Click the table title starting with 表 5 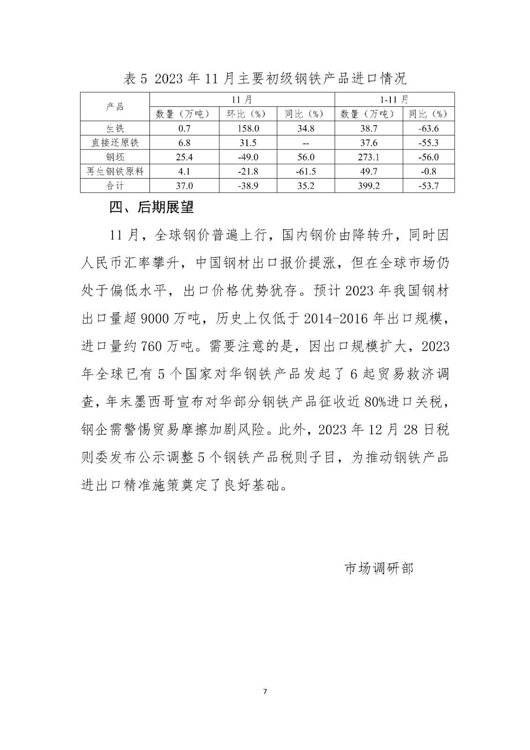[265, 78]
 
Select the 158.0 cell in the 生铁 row [248, 128]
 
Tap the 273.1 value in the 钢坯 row [368, 157]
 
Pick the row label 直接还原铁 [115, 142]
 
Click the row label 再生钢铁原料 [115, 171]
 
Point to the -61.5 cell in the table [306, 171]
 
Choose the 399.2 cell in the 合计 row [368, 186]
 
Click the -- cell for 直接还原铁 [306, 143]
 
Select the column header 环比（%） [248, 114]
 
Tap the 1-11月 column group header [394, 99]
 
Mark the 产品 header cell [115, 107]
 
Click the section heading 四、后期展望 [151, 207]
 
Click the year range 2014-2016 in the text [334, 319]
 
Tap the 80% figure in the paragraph [373, 402]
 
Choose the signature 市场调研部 [379, 568]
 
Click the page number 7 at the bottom [265, 691]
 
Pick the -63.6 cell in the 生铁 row [428, 128]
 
